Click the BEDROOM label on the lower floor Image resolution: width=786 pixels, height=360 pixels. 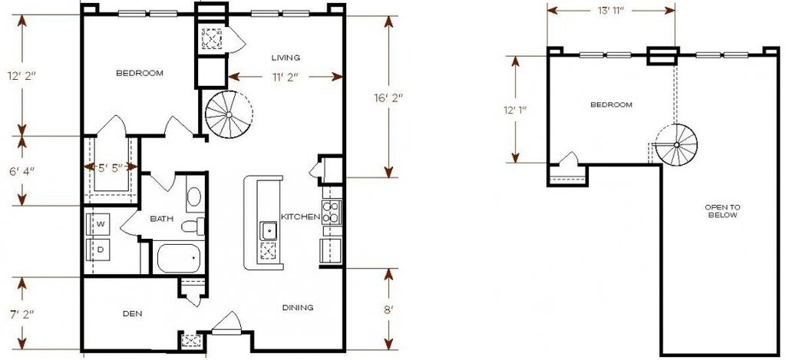coord(140,74)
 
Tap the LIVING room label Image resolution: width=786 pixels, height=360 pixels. coord(286,58)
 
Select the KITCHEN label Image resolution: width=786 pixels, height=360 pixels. coord(300,217)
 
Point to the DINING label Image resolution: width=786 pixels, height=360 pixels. coord(297,308)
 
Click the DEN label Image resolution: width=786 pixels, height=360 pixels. coord(134,313)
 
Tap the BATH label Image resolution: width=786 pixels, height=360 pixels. coord(161,219)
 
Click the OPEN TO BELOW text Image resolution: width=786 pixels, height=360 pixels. coord(722,211)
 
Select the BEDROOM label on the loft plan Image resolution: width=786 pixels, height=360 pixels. coord(611,104)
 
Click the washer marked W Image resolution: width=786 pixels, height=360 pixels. coord(100,223)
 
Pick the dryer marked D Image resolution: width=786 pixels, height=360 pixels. coord(100,249)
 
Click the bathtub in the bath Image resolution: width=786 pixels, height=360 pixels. coord(178,258)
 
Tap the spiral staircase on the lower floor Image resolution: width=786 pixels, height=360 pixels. coord(228,115)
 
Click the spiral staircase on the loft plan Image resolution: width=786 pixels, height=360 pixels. coord(675,145)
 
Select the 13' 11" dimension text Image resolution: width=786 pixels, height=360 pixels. coord(610,11)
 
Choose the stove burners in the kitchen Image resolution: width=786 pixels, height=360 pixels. coord(331,212)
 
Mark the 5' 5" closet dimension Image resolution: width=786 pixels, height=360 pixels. coord(110,166)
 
